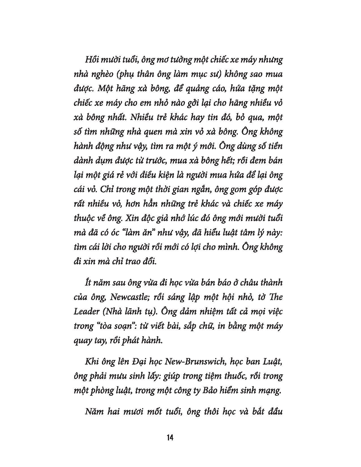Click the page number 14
pyautogui.click(x=170, y=438)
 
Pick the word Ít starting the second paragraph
pyautogui.click(x=88, y=283)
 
